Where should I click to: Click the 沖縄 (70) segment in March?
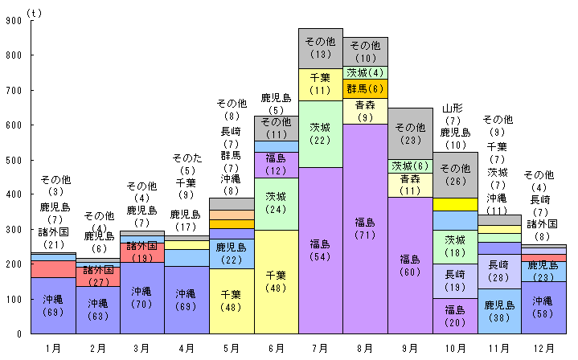tap(142, 297)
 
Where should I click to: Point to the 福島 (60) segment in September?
tap(410, 265)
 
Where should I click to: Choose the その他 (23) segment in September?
tap(410, 133)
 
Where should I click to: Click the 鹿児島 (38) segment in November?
tap(499, 311)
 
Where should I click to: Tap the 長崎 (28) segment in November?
tap(499, 272)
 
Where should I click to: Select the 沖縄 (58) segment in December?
tap(544, 307)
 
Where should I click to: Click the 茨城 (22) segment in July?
tap(321, 133)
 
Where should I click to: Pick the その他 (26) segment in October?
tap(455, 174)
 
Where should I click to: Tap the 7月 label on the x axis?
tap(321, 348)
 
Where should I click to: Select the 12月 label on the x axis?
tap(544, 348)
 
